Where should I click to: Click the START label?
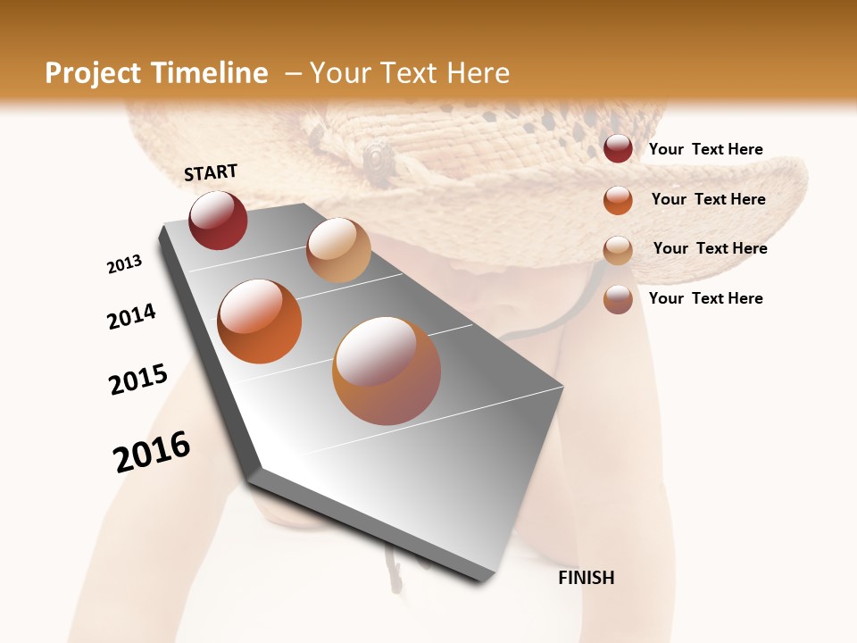[x=211, y=172]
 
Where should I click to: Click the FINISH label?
[x=586, y=578]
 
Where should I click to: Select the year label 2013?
[x=124, y=264]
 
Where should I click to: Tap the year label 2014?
[x=131, y=316]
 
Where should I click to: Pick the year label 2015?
[x=138, y=380]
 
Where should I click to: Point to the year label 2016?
[x=152, y=452]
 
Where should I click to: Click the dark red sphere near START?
[x=218, y=221]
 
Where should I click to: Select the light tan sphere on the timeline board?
[x=338, y=250]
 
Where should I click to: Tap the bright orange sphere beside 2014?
[x=259, y=321]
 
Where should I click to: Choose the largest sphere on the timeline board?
[x=386, y=371]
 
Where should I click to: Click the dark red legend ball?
[x=618, y=149]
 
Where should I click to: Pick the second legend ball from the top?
[x=618, y=200]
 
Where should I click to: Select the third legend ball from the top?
[x=618, y=250]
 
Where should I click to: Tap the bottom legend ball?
[x=618, y=299]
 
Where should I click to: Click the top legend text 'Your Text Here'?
[x=705, y=149]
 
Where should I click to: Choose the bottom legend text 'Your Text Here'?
[x=705, y=298]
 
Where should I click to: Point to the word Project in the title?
[x=93, y=73]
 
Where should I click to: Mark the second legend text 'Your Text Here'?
[x=708, y=199]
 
